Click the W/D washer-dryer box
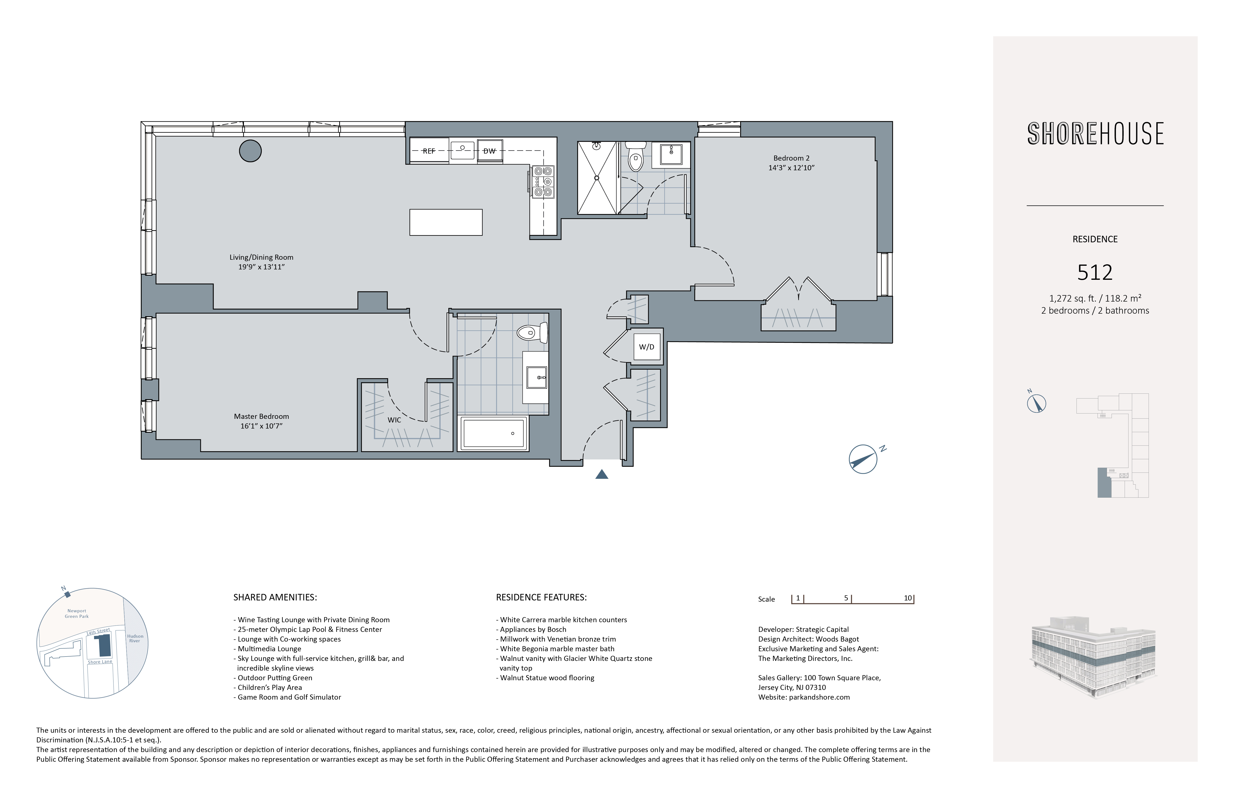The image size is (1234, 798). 647,347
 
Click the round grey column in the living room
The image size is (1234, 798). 250,151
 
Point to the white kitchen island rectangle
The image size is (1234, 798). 446,222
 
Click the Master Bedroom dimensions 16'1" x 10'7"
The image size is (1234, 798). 261,426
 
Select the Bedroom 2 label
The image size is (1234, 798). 791,158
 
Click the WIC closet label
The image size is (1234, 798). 395,420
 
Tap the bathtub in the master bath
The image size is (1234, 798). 494,433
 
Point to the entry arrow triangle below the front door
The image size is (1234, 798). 602,474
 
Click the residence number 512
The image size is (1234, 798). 1095,273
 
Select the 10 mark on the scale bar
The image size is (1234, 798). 908,598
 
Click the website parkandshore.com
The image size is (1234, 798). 819,697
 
